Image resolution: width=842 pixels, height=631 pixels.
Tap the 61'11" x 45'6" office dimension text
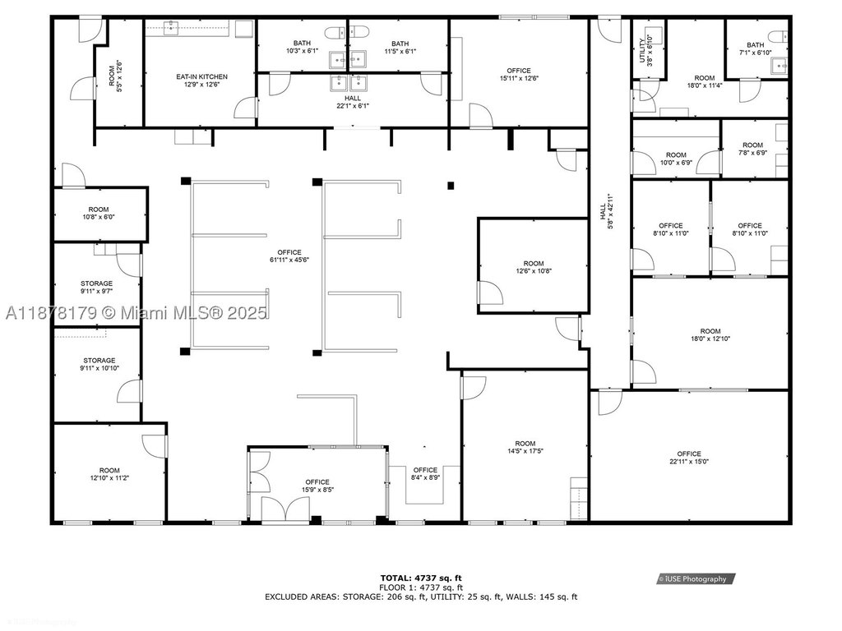[x=289, y=260]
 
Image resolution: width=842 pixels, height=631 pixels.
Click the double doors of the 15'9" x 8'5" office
[x=285, y=508]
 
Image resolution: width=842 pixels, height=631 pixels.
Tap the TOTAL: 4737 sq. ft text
[x=421, y=578]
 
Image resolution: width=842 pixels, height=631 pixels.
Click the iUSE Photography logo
[x=696, y=579]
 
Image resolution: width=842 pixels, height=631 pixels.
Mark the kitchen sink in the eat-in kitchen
[x=172, y=28]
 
